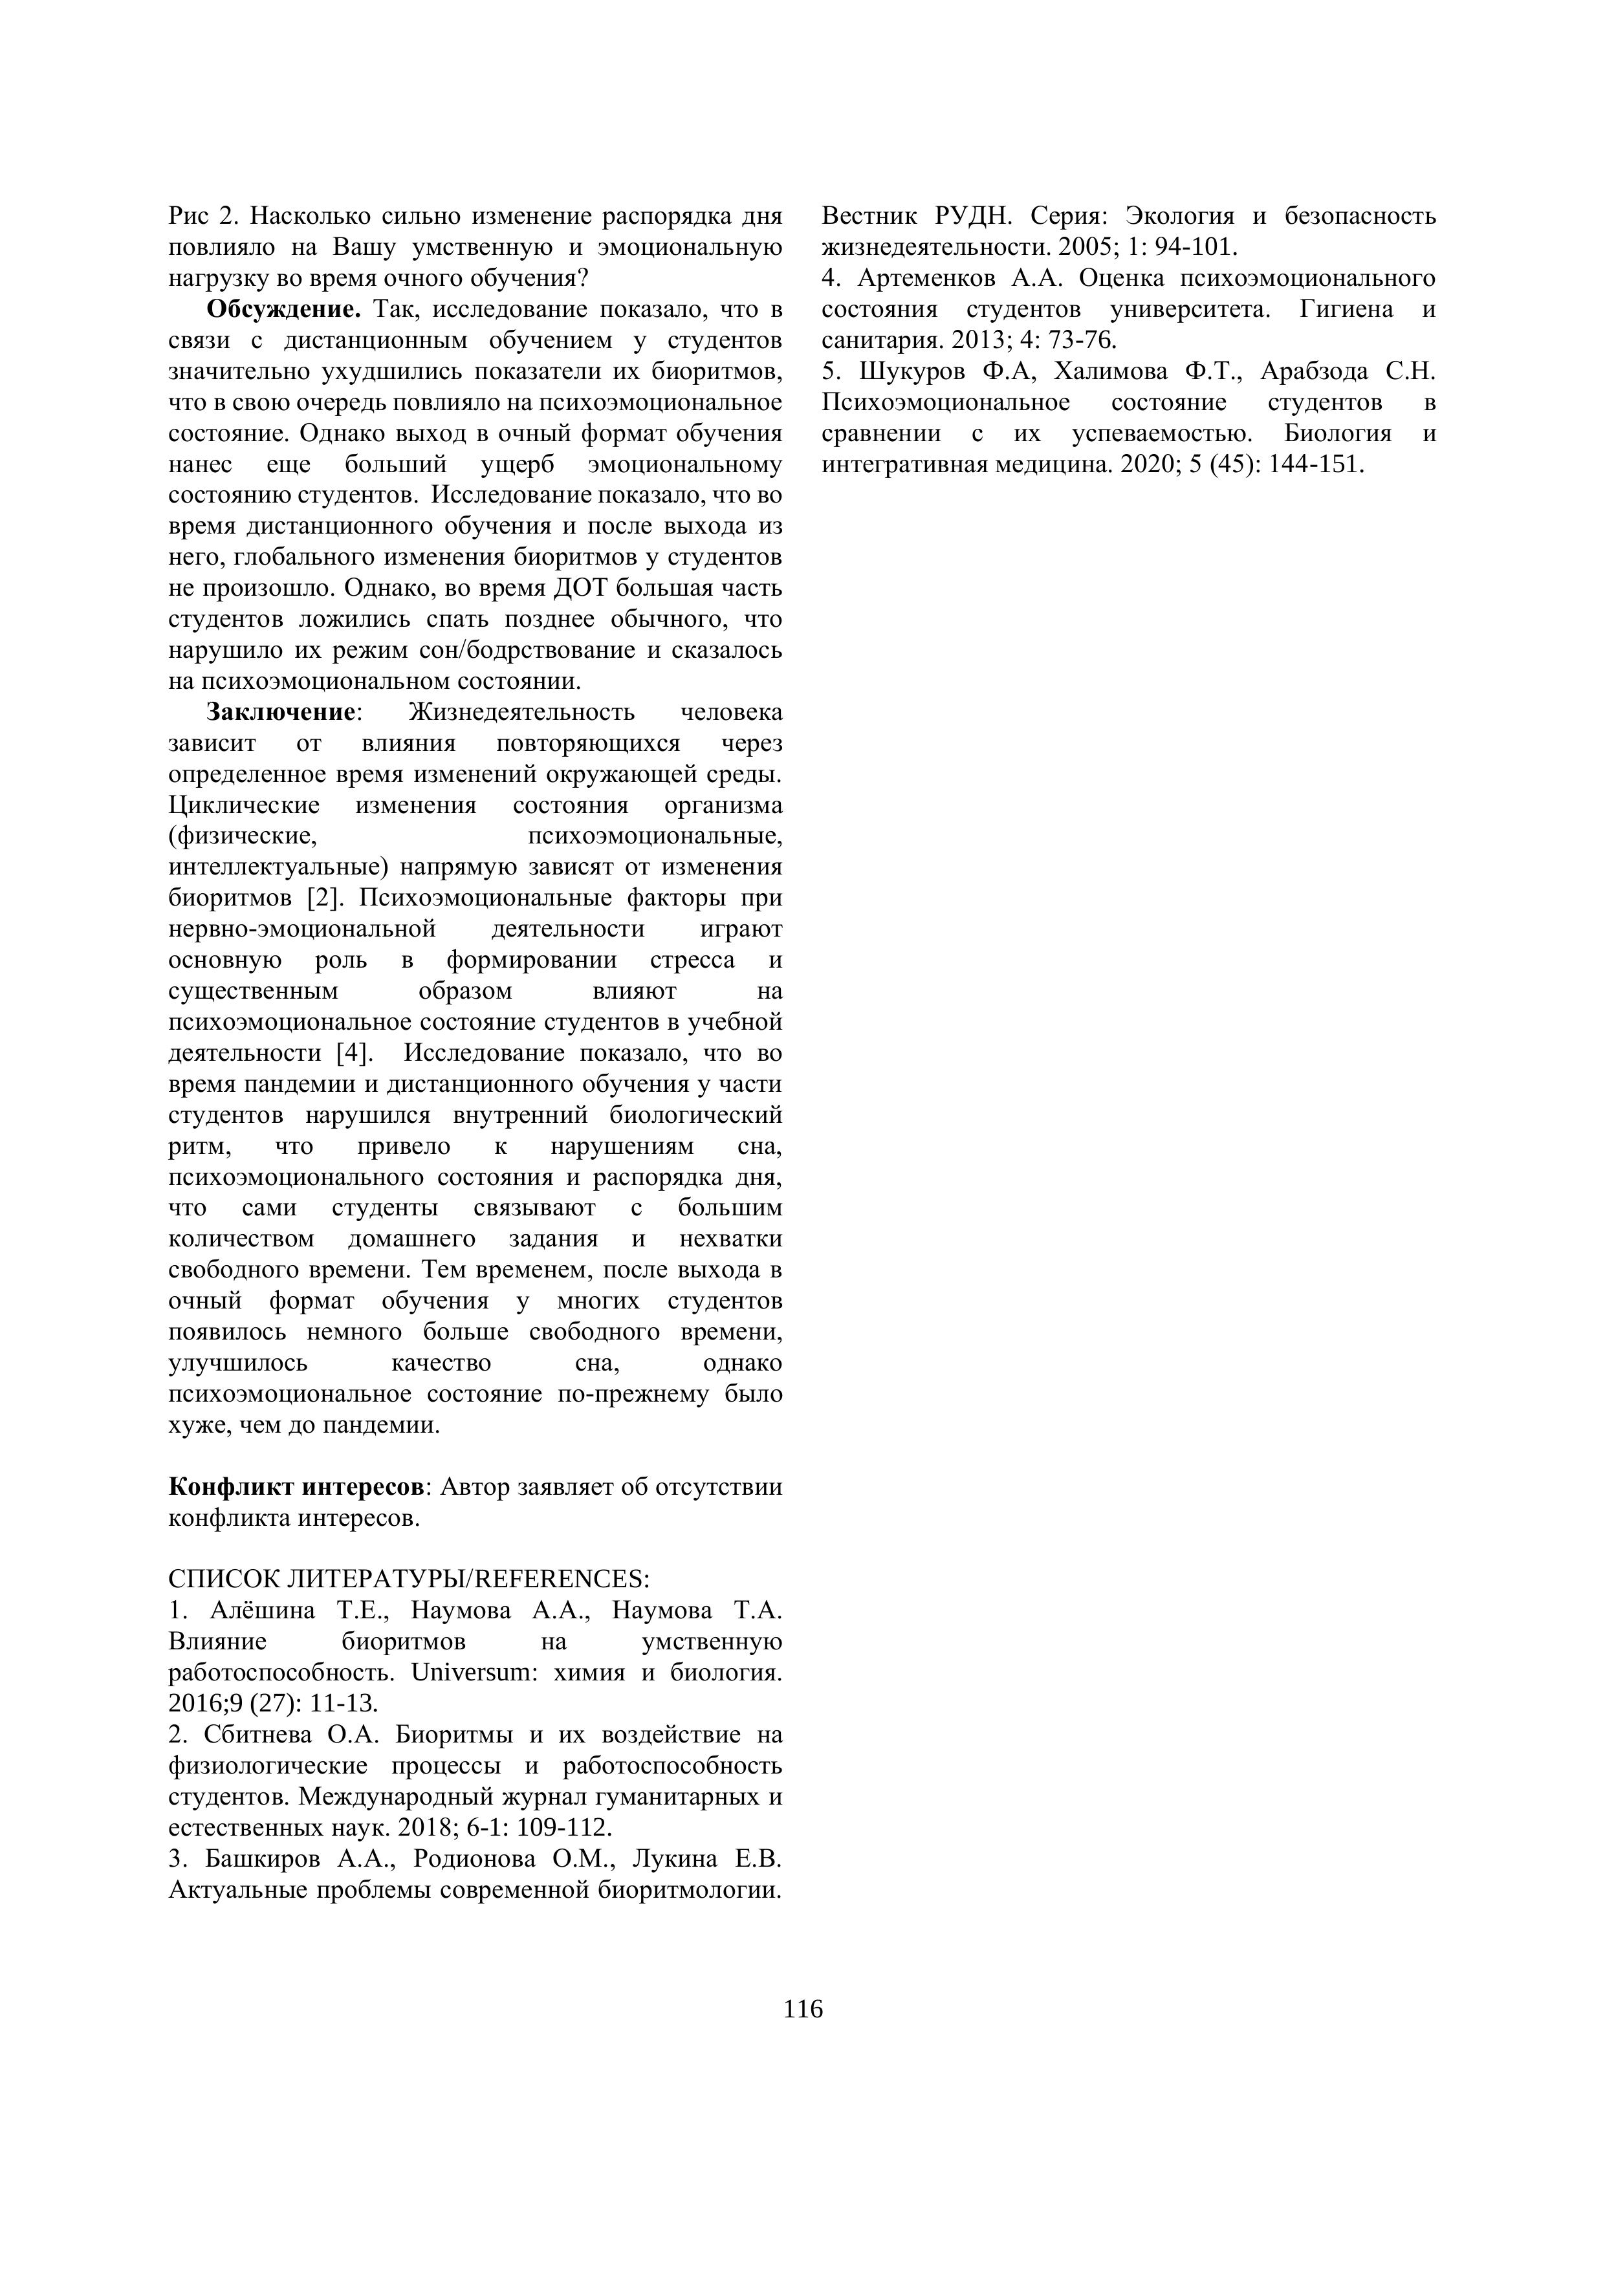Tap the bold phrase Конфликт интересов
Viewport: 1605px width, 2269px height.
298,1487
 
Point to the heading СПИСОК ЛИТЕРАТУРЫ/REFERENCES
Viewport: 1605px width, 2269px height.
409,1578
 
